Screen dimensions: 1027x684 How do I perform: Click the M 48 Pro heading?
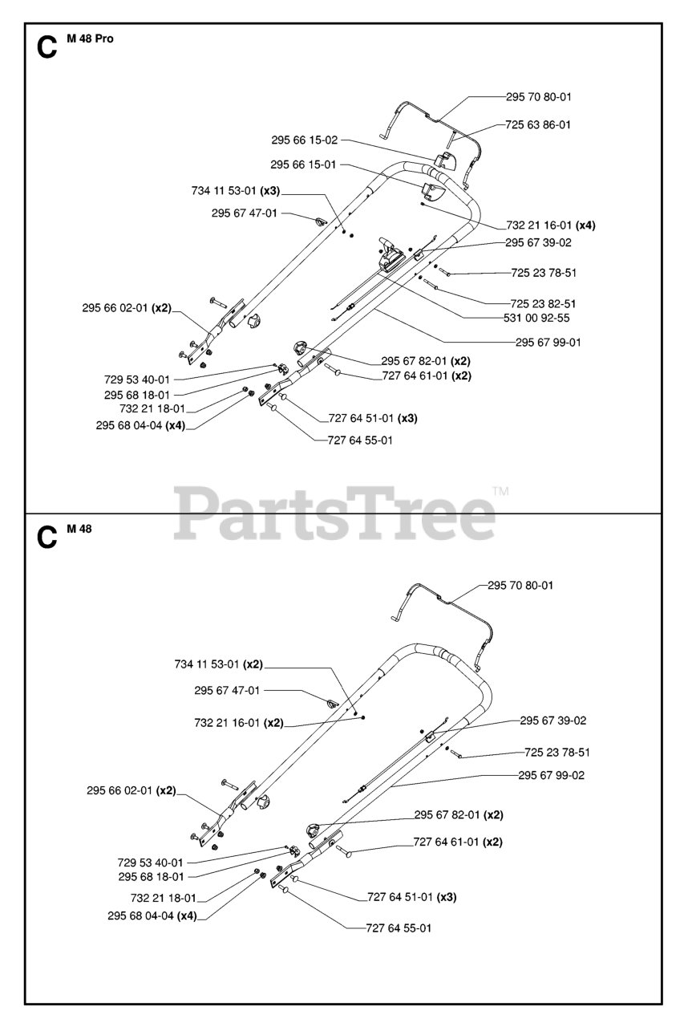click(x=91, y=39)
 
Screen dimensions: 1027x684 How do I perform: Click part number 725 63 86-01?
click(x=538, y=124)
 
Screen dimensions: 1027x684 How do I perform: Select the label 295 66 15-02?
click(x=304, y=140)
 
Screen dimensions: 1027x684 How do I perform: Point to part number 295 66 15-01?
click(x=303, y=164)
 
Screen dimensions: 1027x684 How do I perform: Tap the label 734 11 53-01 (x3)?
click(x=235, y=191)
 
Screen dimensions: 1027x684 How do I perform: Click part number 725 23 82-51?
click(x=543, y=303)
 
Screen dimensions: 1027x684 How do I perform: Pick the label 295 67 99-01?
click(x=548, y=342)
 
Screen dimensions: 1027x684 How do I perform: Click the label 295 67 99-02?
click(x=552, y=775)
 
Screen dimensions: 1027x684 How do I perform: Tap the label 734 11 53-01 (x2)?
click(x=218, y=664)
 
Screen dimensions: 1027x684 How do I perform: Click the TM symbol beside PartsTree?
click(x=500, y=491)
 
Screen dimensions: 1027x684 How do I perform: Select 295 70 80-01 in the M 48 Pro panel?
click(x=539, y=96)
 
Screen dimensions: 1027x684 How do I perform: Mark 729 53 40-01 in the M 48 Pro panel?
click(x=137, y=379)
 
